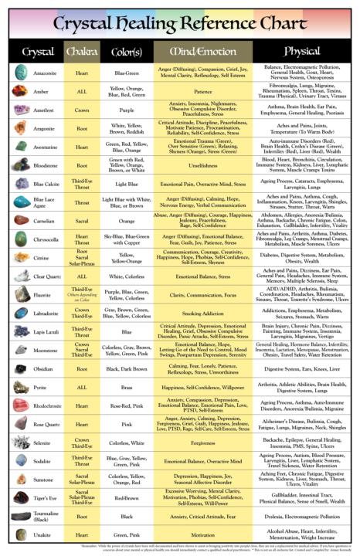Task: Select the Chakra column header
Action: tap(82, 52)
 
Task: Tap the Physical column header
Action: tap(301, 52)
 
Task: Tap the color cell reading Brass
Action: tap(127, 387)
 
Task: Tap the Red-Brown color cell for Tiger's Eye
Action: tap(127, 498)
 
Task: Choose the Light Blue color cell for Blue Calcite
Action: tap(127, 185)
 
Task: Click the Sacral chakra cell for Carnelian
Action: tap(82, 221)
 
